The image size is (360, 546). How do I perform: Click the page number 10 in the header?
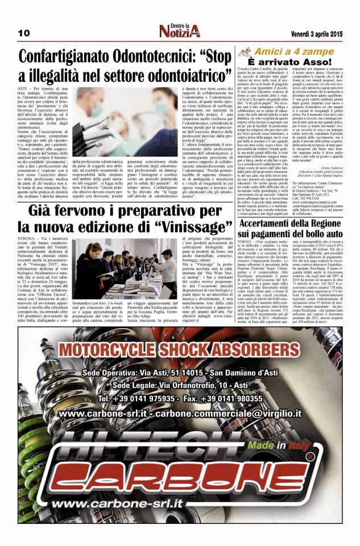[23, 33]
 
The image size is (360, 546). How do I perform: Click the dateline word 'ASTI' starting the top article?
[24, 90]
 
